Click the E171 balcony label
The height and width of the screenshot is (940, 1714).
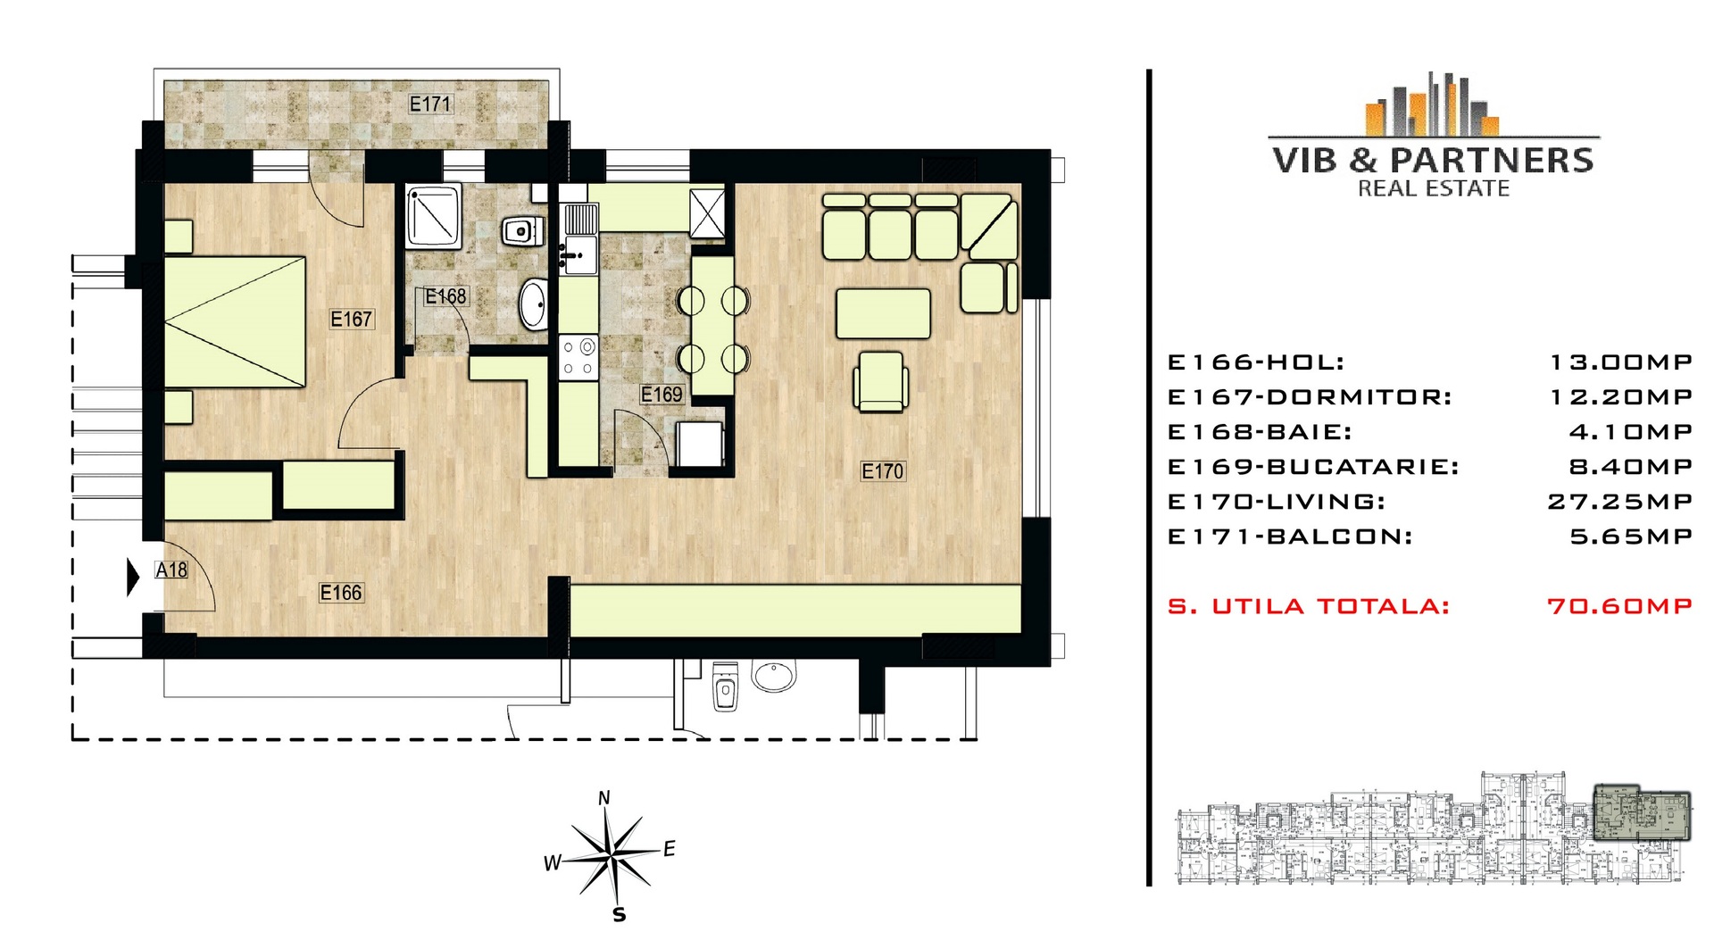click(430, 104)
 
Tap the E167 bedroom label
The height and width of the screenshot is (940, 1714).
click(351, 319)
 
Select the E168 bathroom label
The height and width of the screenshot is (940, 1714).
click(445, 296)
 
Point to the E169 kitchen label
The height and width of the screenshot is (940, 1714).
click(661, 394)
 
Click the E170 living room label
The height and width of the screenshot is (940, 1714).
click(883, 470)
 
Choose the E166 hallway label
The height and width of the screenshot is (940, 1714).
click(341, 592)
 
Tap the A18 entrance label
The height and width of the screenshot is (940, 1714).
click(171, 570)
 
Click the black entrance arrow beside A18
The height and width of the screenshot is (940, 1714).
click(134, 577)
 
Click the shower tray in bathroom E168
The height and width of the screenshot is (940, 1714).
click(434, 216)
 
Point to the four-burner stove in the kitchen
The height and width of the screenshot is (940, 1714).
click(578, 357)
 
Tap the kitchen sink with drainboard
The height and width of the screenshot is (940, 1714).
click(579, 239)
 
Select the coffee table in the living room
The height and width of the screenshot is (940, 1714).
click(883, 313)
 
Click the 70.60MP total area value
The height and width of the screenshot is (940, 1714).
click(1619, 606)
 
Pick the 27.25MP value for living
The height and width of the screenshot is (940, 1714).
click(1619, 502)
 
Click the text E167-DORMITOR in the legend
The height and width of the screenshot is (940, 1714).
click(1310, 397)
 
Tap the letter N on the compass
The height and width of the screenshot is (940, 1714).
click(604, 798)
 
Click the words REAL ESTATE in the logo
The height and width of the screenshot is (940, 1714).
click(1434, 188)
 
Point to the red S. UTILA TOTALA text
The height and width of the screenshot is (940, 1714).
click(1309, 606)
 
